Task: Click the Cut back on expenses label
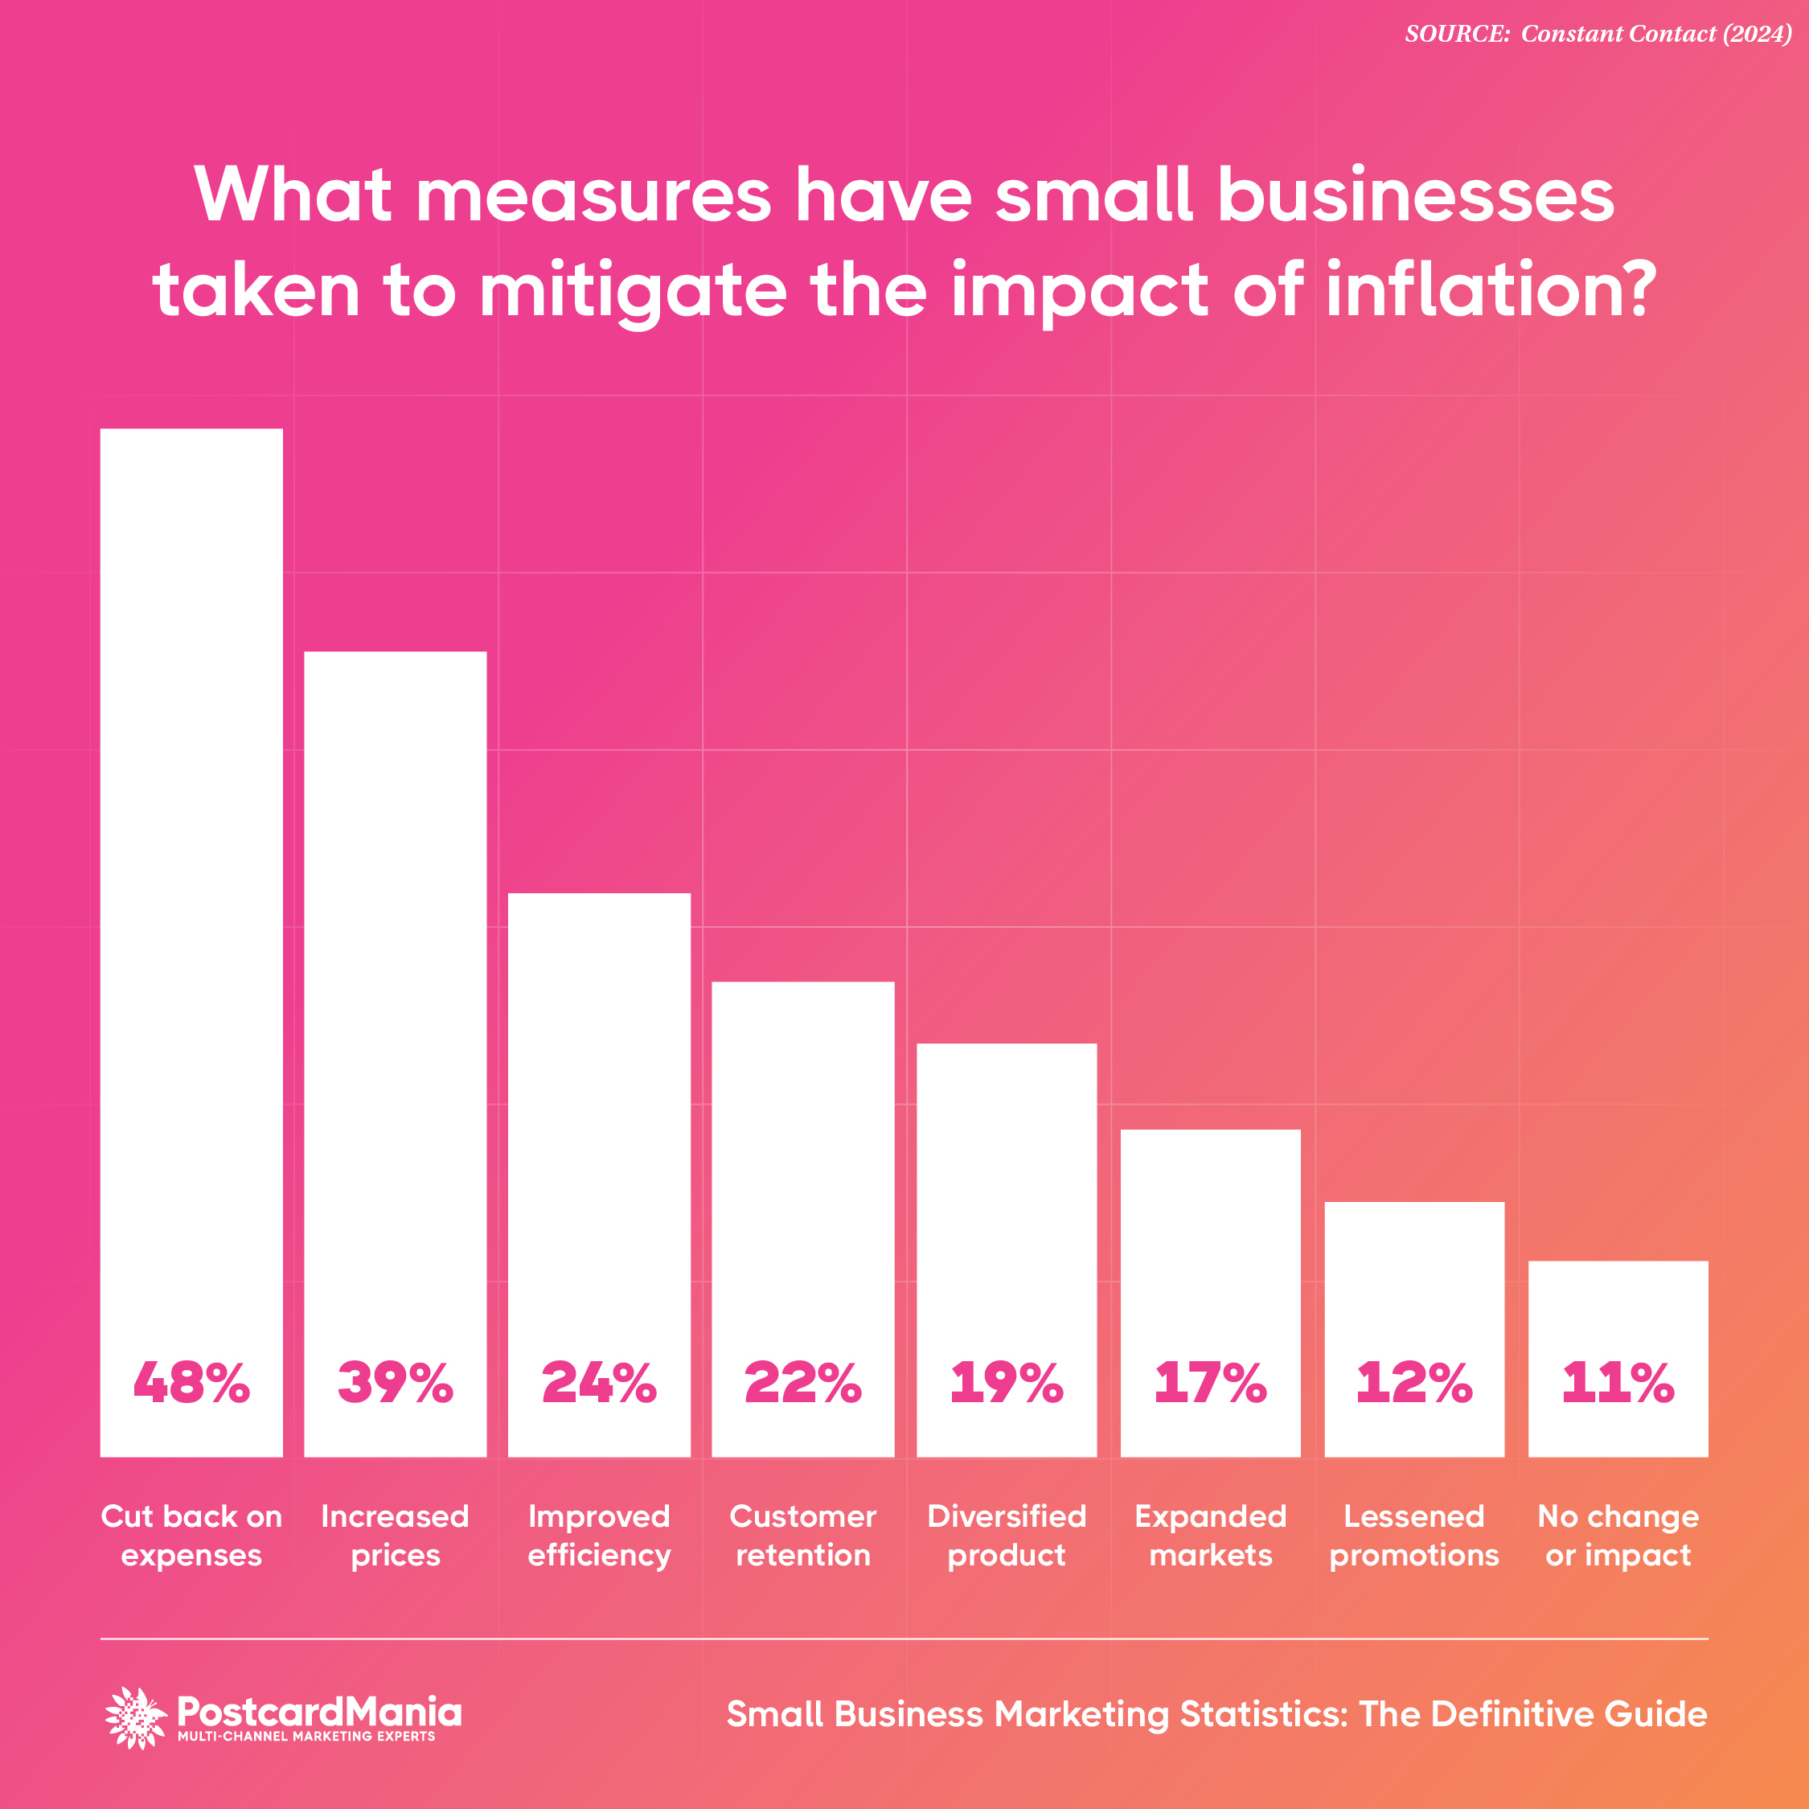(x=191, y=1536)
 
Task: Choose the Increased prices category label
(x=395, y=1536)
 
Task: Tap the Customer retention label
(x=803, y=1536)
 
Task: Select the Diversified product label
(x=1007, y=1536)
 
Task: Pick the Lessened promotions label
(x=1414, y=1536)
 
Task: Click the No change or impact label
(x=1618, y=1536)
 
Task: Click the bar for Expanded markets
(x=1211, y=1245)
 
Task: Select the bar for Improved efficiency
(x=599, y=1124)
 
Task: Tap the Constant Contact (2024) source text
(x=1655, y=34)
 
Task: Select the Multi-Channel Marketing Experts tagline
(x=306, y=1737)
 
